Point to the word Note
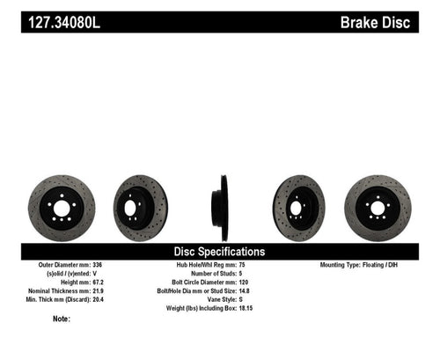[61, 320]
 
